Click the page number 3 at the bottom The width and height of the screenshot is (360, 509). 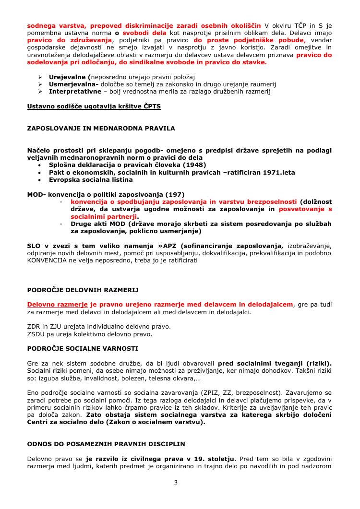point(176,483)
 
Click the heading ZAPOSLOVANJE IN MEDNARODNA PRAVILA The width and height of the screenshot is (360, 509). point(101,128)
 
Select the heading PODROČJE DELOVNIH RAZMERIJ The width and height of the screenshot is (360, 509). point(83,290)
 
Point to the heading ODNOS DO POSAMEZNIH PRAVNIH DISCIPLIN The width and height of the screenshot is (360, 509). point(106,444)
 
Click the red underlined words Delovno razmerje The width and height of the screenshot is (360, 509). point(57,305)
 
